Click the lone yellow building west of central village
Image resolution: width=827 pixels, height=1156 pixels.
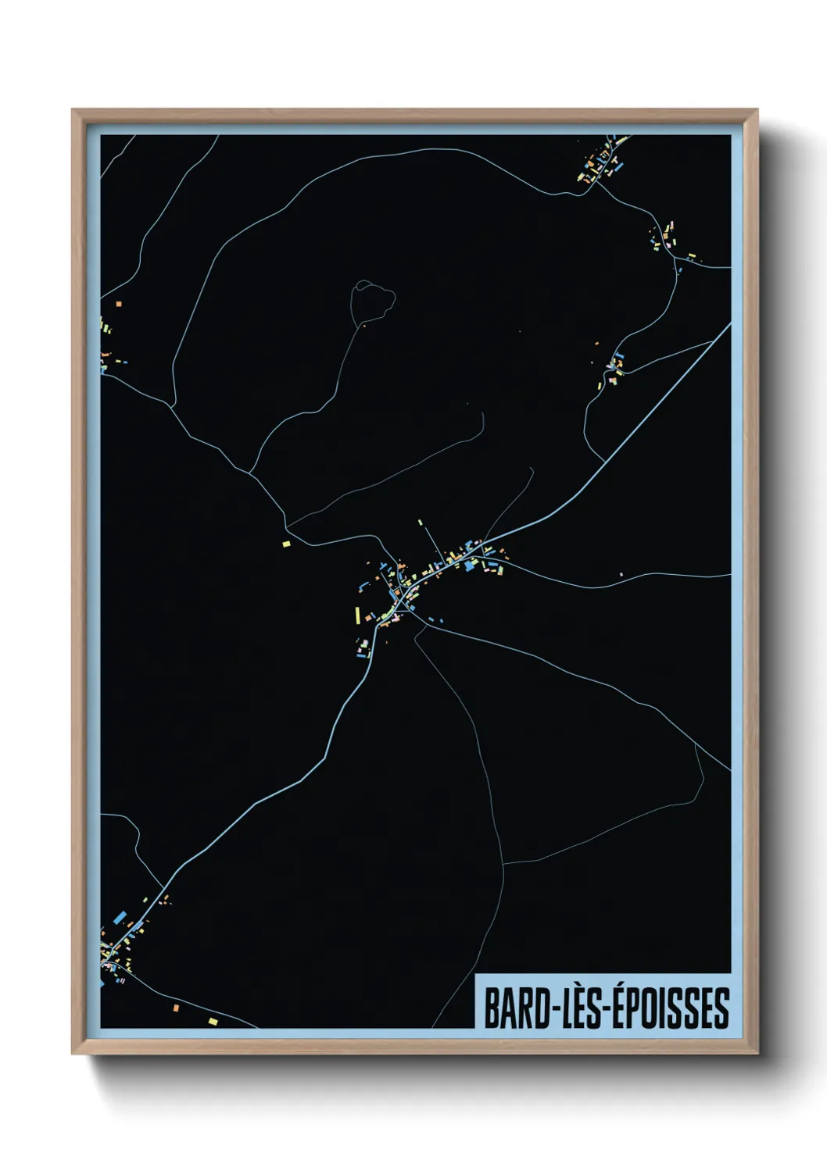point(286,543)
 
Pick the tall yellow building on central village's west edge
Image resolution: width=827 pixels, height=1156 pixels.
point(358,615)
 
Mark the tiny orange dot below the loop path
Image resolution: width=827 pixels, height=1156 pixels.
point(363,323)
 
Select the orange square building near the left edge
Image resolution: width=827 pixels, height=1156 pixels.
point(119,303)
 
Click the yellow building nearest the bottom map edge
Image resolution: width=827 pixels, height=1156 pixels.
point(213,1020)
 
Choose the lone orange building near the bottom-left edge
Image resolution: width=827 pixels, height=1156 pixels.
point(176,1008)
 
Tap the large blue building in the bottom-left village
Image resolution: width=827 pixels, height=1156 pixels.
point(120,919)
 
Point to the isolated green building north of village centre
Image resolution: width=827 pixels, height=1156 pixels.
point(420,522)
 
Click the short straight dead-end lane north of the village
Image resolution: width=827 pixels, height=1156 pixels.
point(432,540)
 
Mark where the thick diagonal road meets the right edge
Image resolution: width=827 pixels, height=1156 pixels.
point(729,325)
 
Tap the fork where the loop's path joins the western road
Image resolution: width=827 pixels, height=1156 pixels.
point(249,472)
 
